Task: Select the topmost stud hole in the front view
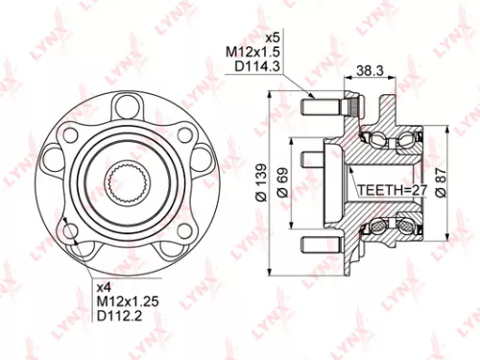(124, 103)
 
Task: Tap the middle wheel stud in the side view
(311, 156)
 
